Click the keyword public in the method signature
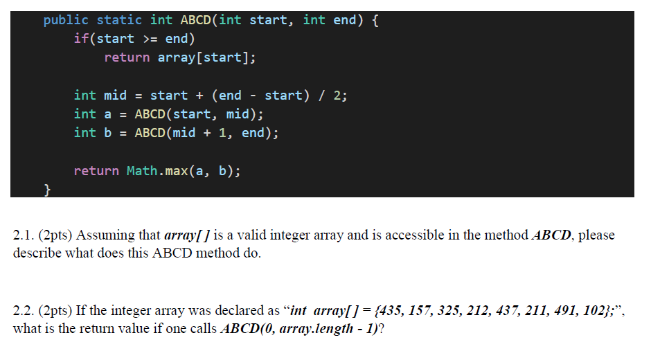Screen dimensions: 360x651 point(66,20)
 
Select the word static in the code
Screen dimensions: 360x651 point(119,20)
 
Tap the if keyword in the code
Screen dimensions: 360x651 point(81,39)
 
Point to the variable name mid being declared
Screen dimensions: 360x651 point(115,95)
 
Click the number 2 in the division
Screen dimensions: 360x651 point(337,95)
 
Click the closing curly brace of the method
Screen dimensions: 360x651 point(47,189)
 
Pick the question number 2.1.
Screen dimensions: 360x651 point(24,235)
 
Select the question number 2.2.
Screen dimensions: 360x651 point(24,309)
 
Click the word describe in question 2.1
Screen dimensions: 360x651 point(36,253)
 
